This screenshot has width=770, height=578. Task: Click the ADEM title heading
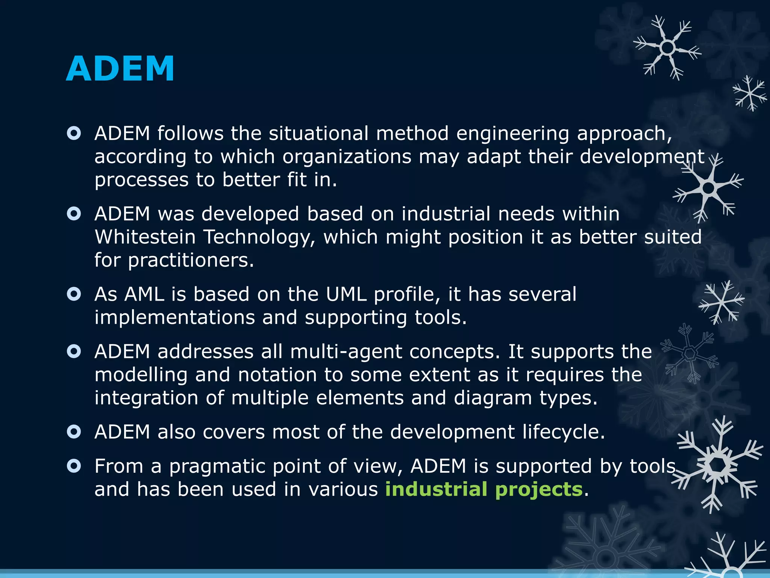pos(120,68)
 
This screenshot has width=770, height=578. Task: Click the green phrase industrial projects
pos(484,489)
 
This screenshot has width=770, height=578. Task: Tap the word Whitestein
pos(145,237)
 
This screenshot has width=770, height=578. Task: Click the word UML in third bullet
pos(346,294)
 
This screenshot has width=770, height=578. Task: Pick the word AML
pos(144,294)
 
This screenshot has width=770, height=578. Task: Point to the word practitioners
pos(191,261)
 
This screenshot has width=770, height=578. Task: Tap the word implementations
pos(174,318)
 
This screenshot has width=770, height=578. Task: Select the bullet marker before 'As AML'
pos(74,294)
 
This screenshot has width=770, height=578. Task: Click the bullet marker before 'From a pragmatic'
pos(74,466)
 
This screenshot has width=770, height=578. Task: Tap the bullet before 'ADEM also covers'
pos(74,432)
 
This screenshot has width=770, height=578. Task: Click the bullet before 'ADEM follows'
pos(74,133)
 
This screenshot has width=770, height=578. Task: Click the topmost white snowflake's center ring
pos(667,48)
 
